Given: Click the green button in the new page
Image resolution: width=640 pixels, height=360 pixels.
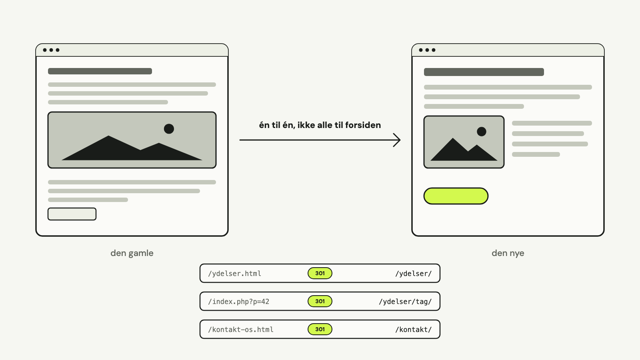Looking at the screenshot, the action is pos(456,196).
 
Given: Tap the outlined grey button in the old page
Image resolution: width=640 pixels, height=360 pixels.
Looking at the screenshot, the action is pos(72,214).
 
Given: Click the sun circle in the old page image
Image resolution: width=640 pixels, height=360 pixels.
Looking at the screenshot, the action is pos(169,129).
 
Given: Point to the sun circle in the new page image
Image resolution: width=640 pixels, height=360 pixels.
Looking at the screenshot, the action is pos(482,132).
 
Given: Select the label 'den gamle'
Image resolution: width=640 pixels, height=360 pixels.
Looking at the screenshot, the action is pos(132,253).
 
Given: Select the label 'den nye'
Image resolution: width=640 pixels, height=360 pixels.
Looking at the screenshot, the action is pos(508,253).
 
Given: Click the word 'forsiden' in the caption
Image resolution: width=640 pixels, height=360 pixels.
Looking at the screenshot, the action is pos(363,125).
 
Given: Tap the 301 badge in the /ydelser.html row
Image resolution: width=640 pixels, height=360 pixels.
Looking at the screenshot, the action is pos(320,273).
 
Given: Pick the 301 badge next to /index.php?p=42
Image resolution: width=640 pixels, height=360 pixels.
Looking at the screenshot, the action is pos(320,301).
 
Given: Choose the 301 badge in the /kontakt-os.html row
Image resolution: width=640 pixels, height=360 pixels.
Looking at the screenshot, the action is pos(320,329).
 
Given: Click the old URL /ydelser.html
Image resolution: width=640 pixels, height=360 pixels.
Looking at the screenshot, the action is pos(234,274).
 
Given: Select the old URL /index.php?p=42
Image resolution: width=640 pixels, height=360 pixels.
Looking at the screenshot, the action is pos(238,302).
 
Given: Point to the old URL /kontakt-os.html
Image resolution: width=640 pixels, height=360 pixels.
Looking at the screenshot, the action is pos(240,330).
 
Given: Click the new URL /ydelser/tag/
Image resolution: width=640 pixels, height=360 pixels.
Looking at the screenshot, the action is pos(405,302).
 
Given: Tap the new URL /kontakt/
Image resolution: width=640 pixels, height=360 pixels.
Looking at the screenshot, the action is pos(414,330).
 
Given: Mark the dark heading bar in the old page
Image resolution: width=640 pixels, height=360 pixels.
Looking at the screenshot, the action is pos(100,71).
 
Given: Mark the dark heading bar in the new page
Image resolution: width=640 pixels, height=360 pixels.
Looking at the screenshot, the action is pos(484,72).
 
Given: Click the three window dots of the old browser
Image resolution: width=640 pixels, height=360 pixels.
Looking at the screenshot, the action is pos(51,50).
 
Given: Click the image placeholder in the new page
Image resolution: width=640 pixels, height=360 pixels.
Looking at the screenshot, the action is pos(464,142).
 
